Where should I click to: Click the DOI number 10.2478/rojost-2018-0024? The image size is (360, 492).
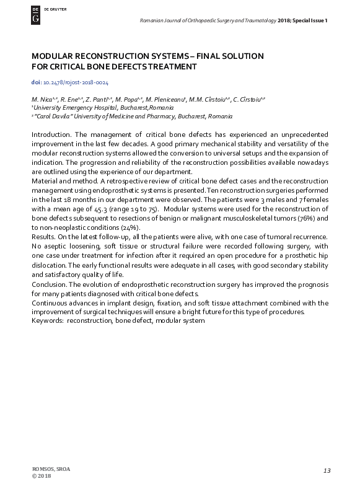(x=75, y=82)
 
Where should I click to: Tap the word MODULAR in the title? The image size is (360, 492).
(x=52, y=56)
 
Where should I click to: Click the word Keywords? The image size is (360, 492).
(x=47, y=321)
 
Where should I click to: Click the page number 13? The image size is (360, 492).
(x=327, y=472)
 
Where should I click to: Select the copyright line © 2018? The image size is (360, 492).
(x=41, y=476)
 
